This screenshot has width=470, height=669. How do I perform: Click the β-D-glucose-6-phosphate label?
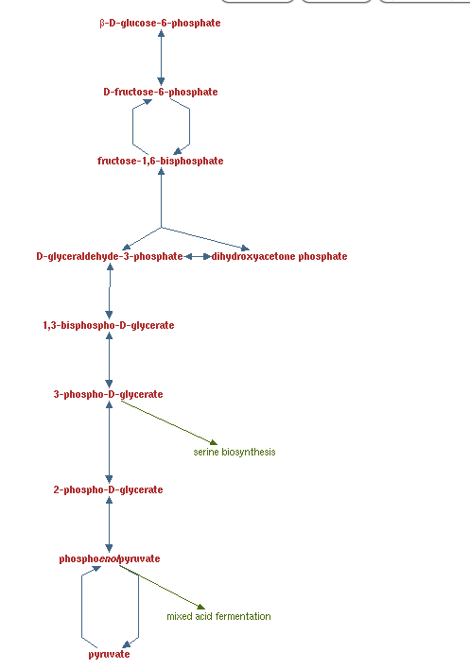(160, 23)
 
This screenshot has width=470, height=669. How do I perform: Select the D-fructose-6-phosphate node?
(161, 92)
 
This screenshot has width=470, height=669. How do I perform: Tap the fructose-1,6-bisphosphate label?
(161, 161)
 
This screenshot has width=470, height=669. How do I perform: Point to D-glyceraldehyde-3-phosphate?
(110, 256)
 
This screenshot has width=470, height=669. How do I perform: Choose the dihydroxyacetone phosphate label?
(279, 256)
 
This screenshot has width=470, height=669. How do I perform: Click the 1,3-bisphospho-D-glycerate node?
(109, 326)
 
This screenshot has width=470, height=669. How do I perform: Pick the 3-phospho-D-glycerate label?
(109, 394)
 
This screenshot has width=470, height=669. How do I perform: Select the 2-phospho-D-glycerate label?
(109, 489)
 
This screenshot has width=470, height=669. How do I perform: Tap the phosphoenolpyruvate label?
(110, 559)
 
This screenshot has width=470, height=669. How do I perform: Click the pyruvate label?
(110, 655)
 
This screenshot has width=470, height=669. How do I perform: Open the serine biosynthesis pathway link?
(235, 453)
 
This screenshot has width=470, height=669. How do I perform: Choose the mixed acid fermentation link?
(218, 616)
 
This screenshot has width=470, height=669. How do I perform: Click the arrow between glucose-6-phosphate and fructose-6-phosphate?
(161, 58)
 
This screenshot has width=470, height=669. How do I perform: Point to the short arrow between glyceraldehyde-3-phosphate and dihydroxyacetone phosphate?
(198, 256)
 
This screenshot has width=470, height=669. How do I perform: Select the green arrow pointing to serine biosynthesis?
(169, 422)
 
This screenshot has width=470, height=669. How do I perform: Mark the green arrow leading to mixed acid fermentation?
(162, 587)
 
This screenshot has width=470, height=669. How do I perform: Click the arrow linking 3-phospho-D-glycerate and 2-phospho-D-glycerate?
(110, 442)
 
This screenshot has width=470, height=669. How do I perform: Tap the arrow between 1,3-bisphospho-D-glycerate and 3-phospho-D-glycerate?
(110, 360)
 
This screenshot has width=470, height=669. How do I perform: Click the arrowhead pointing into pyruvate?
(127, 644)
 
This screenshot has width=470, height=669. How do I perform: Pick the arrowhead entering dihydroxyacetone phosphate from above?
(245, 248)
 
